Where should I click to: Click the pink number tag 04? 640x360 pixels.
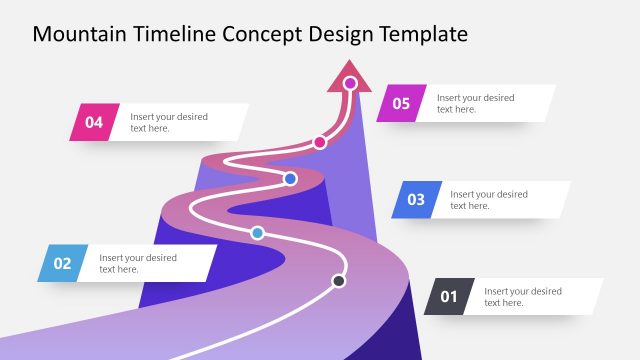coord(94,123)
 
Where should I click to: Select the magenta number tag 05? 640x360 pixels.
coord(401,103)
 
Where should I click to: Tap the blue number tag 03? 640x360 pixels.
coord(416,200)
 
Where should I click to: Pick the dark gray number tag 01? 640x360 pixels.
coord(449,296)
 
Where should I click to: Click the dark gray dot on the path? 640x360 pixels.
coord(339,281)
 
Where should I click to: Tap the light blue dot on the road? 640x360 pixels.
coord(257,233)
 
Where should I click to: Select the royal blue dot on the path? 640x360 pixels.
coord(290,179)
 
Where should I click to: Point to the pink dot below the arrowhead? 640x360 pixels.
coord(320,142)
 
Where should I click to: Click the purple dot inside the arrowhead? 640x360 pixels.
coord(350,83)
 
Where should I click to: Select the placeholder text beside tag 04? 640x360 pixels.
coord(169,122)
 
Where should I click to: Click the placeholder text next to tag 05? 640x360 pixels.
coord(476,103)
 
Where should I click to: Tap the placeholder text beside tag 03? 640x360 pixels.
coord(489,200)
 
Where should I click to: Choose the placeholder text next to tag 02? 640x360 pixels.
coord(138,263)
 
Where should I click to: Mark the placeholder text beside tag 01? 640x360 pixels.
coord(523,296)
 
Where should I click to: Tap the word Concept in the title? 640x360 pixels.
coord(259,35)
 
